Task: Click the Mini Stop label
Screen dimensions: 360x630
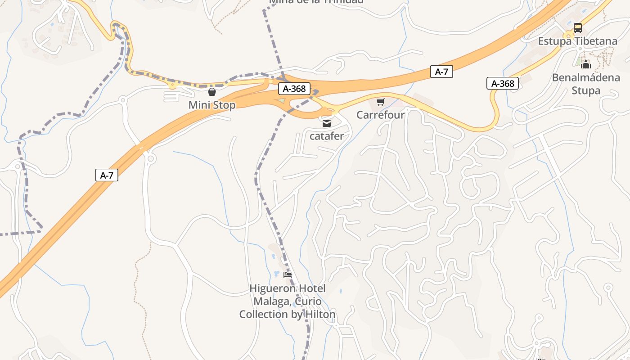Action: [x=211, y=105]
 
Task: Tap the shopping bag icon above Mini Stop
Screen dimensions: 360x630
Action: [x=212, y=92]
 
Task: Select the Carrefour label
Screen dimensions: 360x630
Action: [x=380, y=115]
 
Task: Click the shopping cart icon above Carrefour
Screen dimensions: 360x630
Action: [x=381, y=102]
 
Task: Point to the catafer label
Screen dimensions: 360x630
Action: [x=327, y=136]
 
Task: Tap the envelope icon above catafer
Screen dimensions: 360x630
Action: [x=327, y=123]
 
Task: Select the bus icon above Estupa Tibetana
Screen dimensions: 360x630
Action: [x=578, y=28]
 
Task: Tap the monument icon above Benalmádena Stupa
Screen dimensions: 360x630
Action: [x=585, y=65]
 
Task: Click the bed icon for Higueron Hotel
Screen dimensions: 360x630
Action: [x=288, y=275]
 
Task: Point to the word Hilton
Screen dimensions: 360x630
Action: [x=320, y=315]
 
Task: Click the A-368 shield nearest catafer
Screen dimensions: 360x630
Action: [x=295, y=89]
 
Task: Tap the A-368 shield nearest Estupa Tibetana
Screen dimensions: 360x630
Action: [x=503, y=83]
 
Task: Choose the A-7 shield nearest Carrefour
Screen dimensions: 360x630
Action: [x=441, y=72]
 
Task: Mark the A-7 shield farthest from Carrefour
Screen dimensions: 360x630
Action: [x=107, y=175]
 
